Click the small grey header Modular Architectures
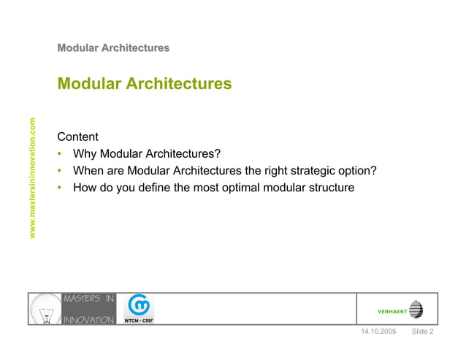pyautogui.click(x=113, y=48)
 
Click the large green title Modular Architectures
pyautogui.click(x=145, y=84)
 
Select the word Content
pyautogui.click(x=77, y=137)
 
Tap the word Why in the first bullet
pyautogui.click(x=85, y=154)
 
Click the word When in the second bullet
pyautogui.click(x=88, y=171)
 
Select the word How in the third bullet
pyautogui.click(x=84, y=188)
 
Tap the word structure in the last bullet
pyautogui.click(x=329, y=188)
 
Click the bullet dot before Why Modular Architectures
pyautogui.click(x=60, y=155)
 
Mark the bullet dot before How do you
pyautogui.click(x=60, y=188)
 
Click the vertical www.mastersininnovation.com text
pyautogui.click(x=31, y=178)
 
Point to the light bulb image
pyautogui.click(x=44, y=308)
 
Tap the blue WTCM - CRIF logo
pyautogui.click(x=138, y=308)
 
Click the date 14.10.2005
pyautogui.click(x=378, y=332)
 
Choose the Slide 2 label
pyautogui.click(x=423, y=332)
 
